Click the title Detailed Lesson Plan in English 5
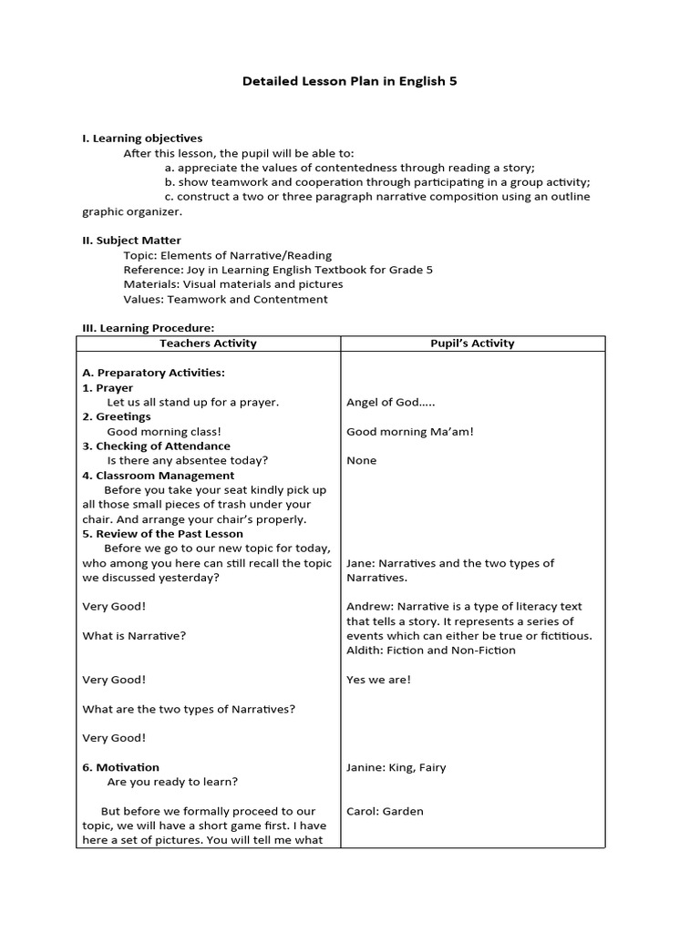point(350,81)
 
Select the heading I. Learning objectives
point(142,138)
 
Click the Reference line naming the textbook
point(278,270)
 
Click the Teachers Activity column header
point(208,343)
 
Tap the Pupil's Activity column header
point(472,343)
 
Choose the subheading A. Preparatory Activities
point(153,373)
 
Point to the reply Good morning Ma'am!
point(410,431)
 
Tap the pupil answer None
point(362,460)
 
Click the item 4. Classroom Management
point(158,475)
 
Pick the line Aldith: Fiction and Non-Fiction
point(431,650)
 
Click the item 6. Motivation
point(120,767)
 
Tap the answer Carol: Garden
point(385,811)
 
